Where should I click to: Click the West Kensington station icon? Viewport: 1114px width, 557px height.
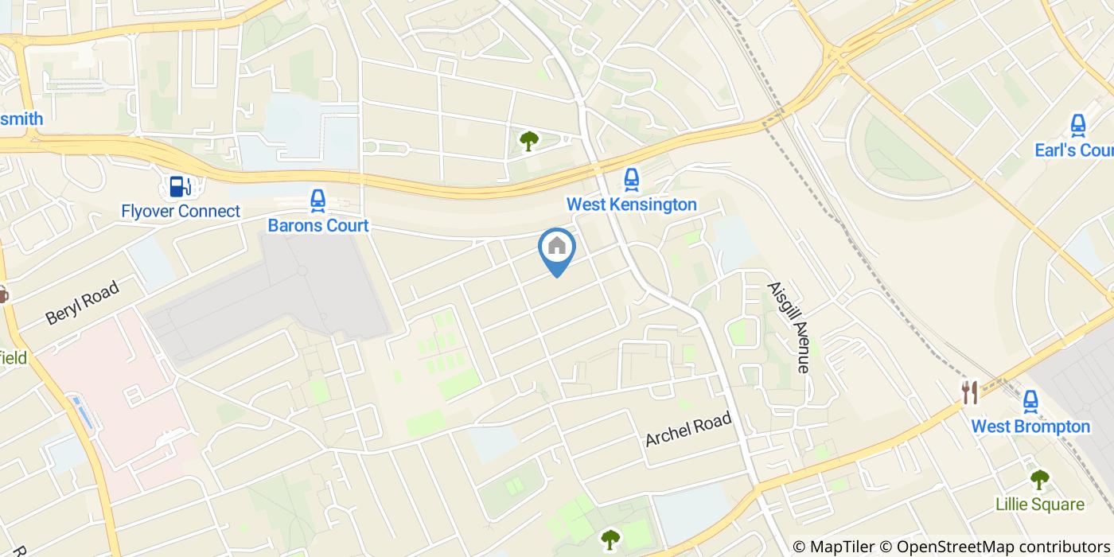pos(631,179)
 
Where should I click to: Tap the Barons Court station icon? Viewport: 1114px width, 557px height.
pos(317,201)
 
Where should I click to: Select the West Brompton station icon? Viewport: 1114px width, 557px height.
pos(1030,401)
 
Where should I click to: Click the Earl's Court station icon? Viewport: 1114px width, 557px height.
pos(1078,125)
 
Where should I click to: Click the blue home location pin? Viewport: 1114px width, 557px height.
pos(557,248)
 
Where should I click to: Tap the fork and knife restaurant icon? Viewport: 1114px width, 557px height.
pos(969,392)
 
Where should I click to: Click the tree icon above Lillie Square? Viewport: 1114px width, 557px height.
pos(1039,480)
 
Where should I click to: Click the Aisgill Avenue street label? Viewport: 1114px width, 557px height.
pos(788,327)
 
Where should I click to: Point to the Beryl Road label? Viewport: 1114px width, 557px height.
pos(82,302)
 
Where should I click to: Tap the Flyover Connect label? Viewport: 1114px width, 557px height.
pos(181,212)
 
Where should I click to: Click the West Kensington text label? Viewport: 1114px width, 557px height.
pos(631,204)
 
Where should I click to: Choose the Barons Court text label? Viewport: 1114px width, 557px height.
pos(317,225)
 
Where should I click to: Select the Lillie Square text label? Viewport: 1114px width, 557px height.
pos(1039,504)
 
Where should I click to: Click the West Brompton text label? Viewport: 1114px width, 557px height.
pos(1030,427)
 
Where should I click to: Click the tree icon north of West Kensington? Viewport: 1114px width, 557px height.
pos(528,142)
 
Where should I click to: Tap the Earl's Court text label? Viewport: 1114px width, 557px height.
pos(1073,150)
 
